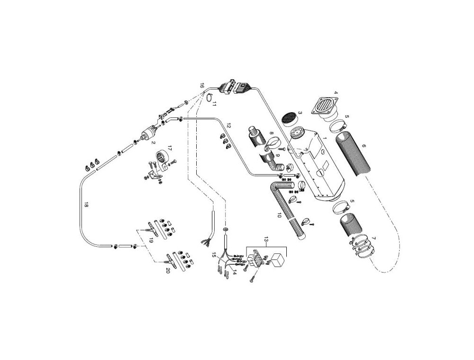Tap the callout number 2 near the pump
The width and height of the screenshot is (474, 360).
[x=154, y=142]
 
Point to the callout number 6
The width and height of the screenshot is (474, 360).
[x=364, y=146]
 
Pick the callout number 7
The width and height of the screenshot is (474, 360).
[x=374, y=238]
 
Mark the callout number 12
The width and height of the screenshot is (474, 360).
[x=229, y=126]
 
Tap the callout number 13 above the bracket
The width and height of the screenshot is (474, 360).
[x=266, y=239]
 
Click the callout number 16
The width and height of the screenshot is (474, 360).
[x=202, y=85]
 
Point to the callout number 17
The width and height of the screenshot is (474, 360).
[x=169, y=148]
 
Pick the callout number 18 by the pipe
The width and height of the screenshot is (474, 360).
[x=86, y=205]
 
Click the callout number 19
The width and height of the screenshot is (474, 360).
[x=151, y=241]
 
